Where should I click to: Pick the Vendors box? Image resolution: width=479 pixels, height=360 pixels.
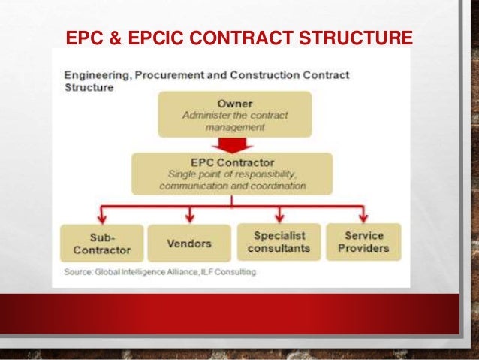[188, 243]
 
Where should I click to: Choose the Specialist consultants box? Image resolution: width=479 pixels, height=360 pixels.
[279, 242]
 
